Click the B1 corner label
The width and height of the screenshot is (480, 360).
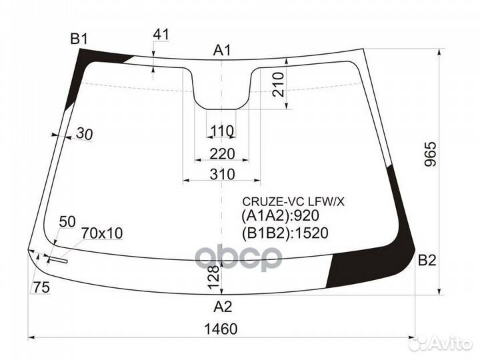coord(79,38)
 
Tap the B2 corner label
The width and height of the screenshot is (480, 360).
coord(427,261)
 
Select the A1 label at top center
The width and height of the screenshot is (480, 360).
coord(222,49)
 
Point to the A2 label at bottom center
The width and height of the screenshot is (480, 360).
coord(223,307)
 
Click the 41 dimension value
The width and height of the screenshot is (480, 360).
coord(161,34)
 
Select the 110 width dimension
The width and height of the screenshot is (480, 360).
coord(222,130)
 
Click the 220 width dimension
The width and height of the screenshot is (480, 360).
coord(222,154)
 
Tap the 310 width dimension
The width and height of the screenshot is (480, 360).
coord(222,175)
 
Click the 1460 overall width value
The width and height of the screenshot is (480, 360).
coord(223,329)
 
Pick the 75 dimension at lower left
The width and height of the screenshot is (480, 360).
coord(41,287)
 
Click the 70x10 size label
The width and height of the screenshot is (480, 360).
coord(102,233)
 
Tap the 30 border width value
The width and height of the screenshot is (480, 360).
coord(84,134)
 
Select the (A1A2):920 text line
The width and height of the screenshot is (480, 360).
coord(281,215)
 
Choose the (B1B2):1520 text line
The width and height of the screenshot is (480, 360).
coord(285,233)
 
